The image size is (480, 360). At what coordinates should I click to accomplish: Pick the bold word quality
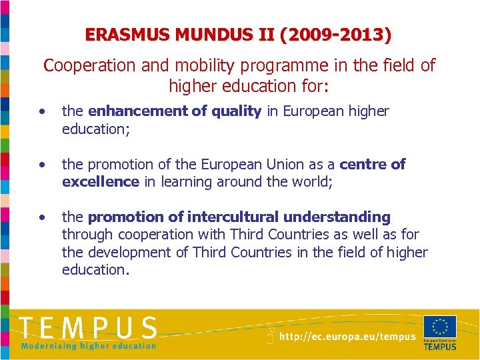tap(237, 111)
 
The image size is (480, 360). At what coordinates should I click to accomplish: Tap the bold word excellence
tap(100, 181)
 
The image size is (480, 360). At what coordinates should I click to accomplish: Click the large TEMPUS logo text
tap(88, 328)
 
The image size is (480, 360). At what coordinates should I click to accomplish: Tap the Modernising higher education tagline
tap(88, 345)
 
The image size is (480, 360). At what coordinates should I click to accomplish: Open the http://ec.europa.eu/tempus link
tap(347, 337)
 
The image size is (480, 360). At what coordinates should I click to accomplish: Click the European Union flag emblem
tap(439, 327)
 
